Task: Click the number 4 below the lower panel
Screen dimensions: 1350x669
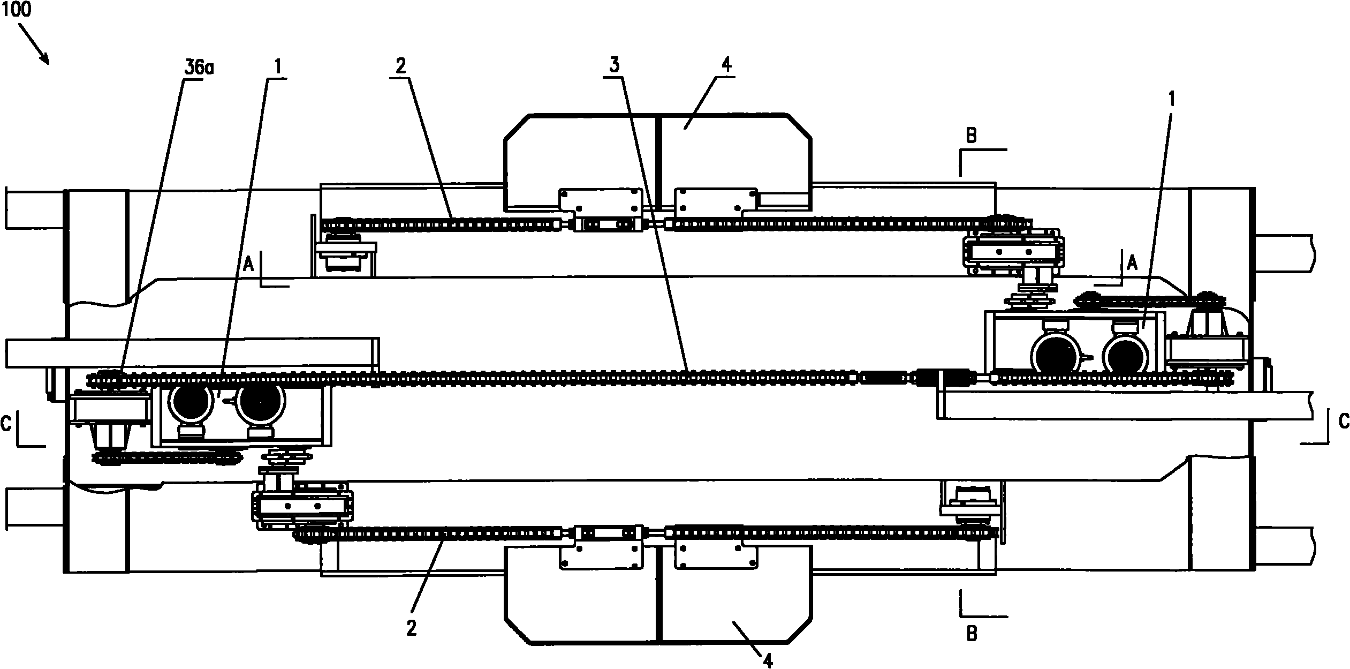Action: [x=768, y=662]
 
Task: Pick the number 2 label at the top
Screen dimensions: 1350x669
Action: [x=401, y=66]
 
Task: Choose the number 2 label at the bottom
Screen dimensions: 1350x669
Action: [x=411, y=628]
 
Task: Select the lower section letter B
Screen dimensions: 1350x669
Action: [x=972, y=634]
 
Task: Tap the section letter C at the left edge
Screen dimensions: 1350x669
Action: [x=6, y=424]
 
